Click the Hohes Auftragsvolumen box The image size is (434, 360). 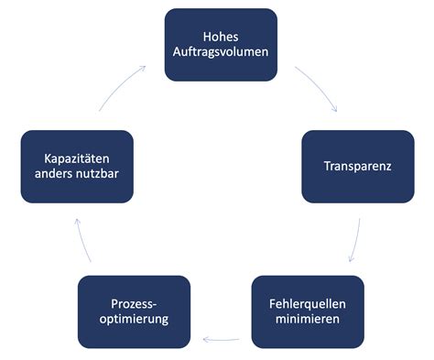pos(221,44)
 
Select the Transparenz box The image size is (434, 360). pos(358,167)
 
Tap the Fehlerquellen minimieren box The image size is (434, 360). pos(308,311)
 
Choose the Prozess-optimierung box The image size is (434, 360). pos(134,311)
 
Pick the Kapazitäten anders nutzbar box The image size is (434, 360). pos(77,167)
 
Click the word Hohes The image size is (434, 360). pos(221,35)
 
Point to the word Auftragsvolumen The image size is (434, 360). pos(221,52)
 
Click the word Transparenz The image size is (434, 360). pos(358,167)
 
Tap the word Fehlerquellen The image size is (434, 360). pos(308,303)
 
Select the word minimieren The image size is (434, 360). pos(308,321)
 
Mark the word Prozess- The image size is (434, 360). pos(134,303)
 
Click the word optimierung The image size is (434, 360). pos(134,321)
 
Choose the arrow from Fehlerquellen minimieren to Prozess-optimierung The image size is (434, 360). pos(222,340)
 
